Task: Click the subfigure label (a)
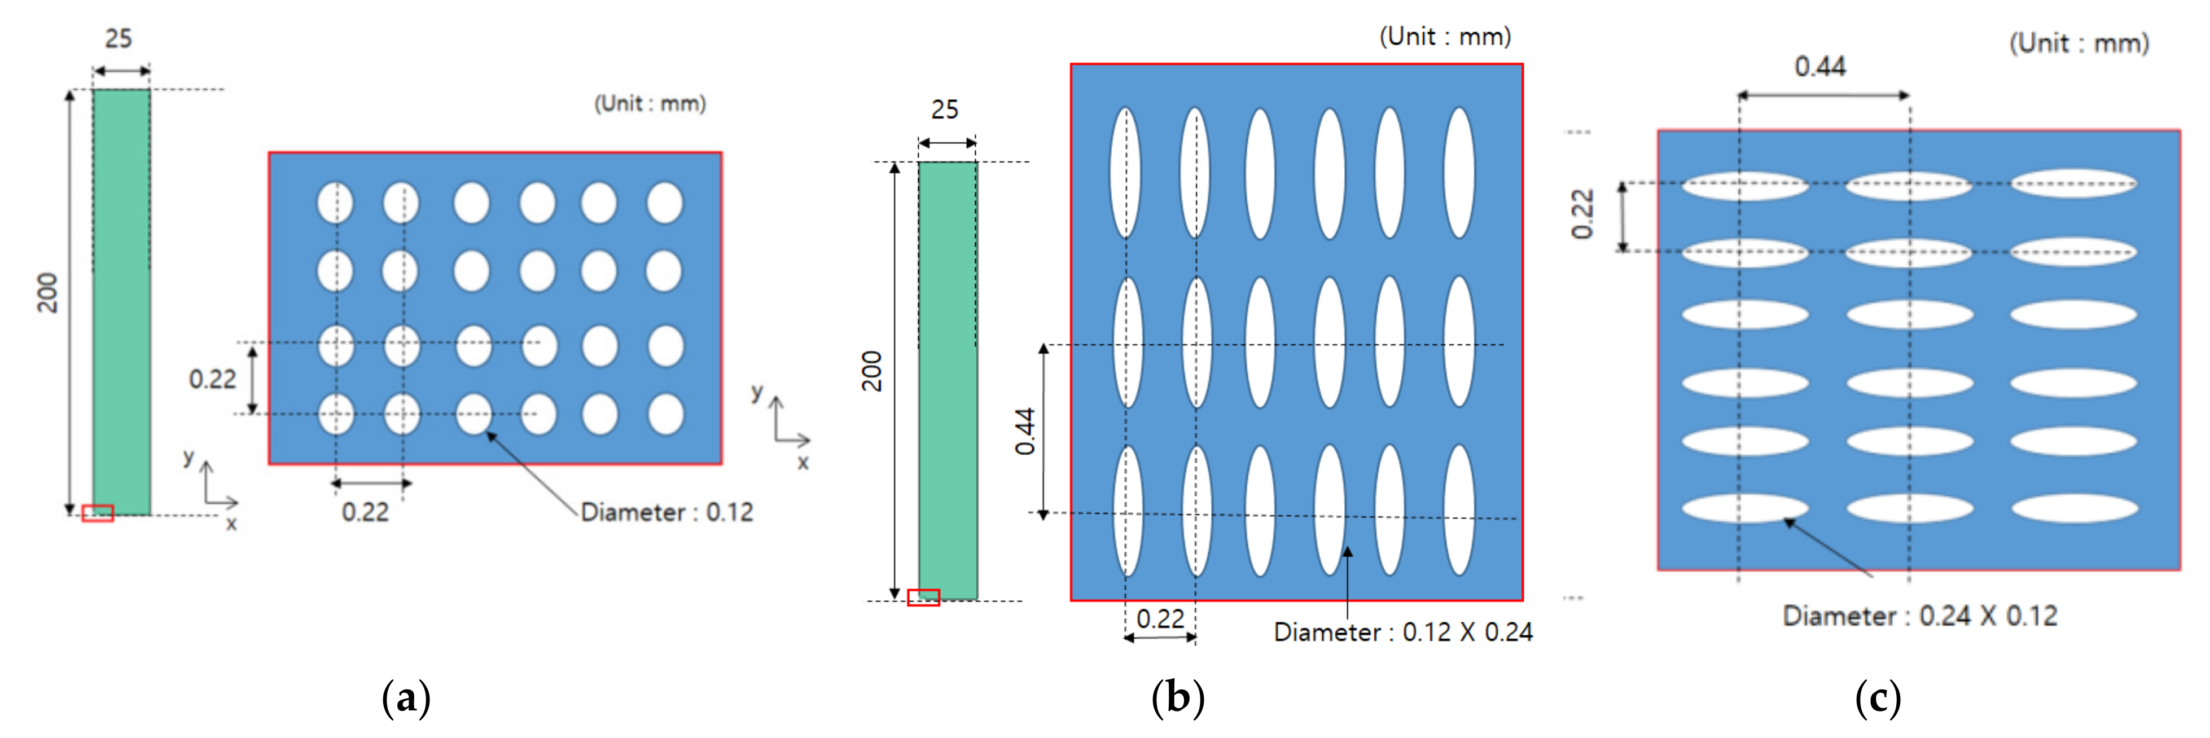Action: pyautogui.click(x=406, y=699)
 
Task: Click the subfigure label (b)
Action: pyautogui.click(x=1177, y=699)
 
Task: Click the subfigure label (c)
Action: pyautogui.click(x=1877, y=699)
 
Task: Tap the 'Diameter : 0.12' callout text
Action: pyautogui.click(x=666, y=512)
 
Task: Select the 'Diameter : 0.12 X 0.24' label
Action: pyautogui.click(x=1403, y=632)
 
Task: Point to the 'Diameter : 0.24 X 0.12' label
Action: pyautogui.click(x=1920, y=616)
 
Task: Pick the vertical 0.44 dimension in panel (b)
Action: pyautogui.click(x=1025, y=431)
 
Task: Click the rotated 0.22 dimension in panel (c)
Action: pyautogui.click(x=1581, y=214)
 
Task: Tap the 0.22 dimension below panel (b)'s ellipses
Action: pyautogui.click(x=1160, y=619)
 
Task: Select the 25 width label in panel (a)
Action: pyautogui.click(x=119, y=38)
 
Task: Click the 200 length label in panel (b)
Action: pyautogui.click(x=872, y=371)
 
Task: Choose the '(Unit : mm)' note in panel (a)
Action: pyautogui.click(x=650, y=104)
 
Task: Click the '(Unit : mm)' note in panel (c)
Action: pyautogui.click(x=2079, y=43)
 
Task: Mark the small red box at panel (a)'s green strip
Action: pyautogui.click(x=98, y=513)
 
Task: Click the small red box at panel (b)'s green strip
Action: pyautogui.click(x=923, y=598)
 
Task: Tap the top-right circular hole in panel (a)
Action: pyautogui.click(x=665, y=203)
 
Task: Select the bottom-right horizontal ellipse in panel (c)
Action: pyautogui.click(x=2073, y=508)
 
